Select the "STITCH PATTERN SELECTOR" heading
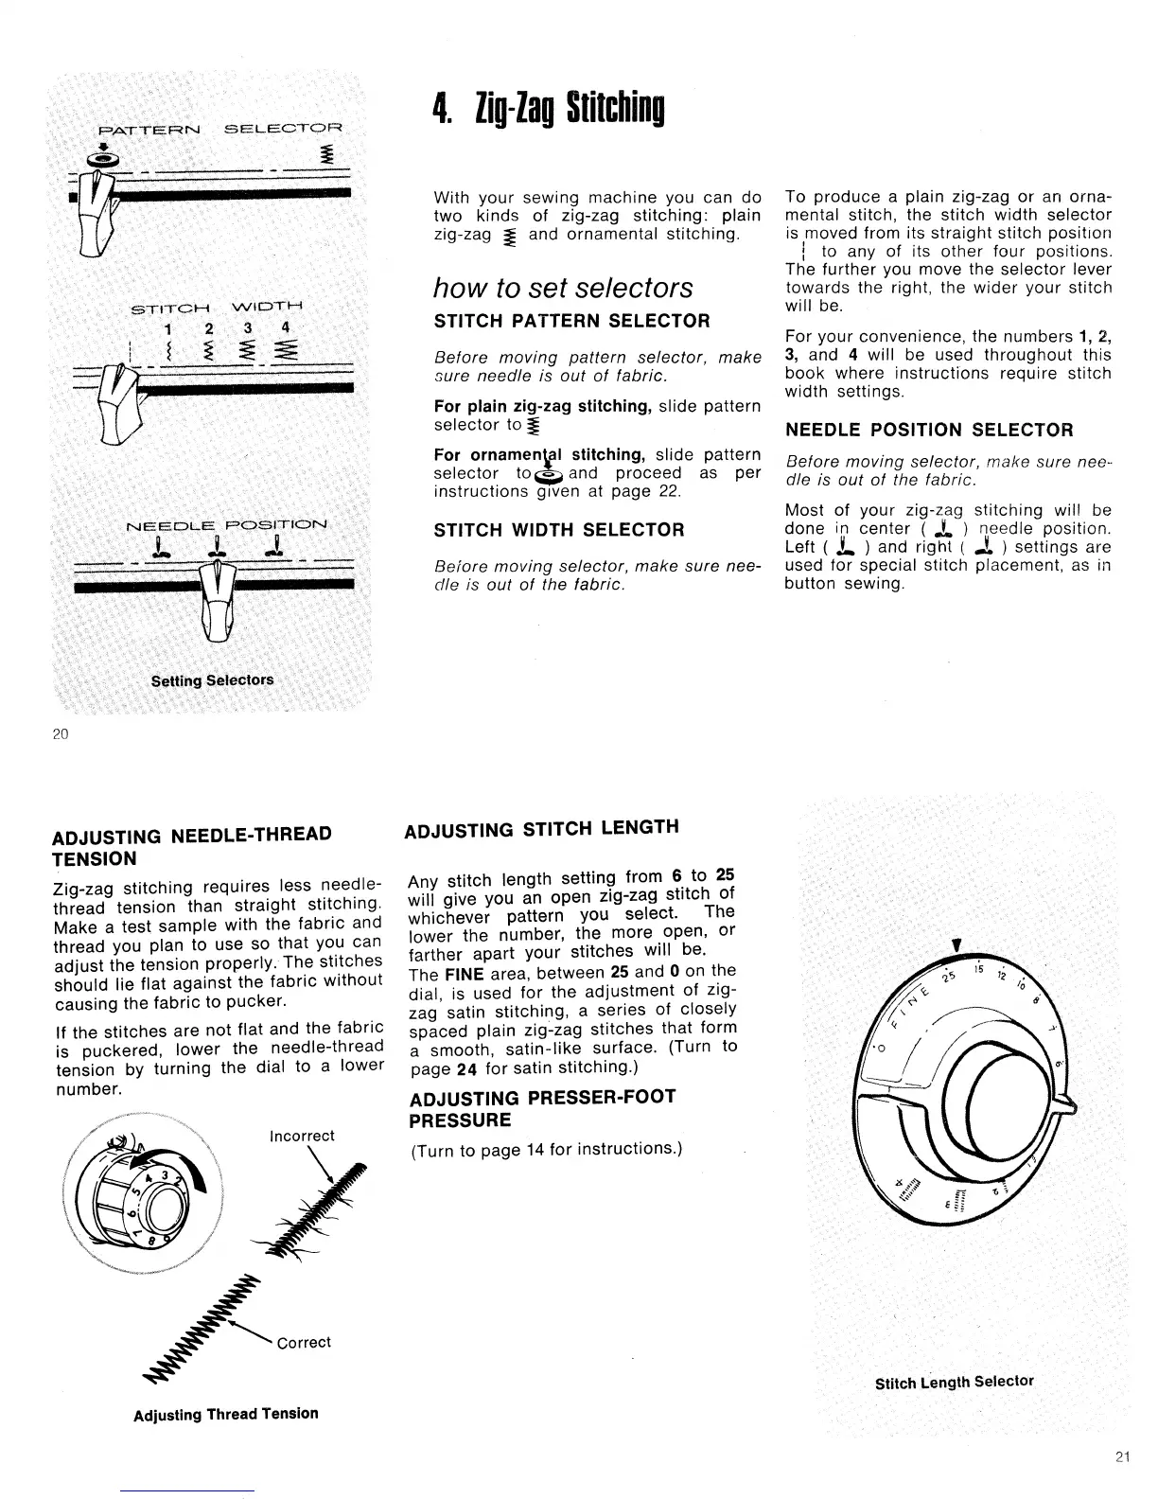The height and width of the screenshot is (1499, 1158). click(571, 321)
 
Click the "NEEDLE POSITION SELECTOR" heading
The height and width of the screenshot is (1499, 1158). click(929, 431)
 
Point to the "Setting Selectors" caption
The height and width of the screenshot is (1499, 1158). click(213, 680)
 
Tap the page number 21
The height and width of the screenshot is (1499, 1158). click(1121, 1456)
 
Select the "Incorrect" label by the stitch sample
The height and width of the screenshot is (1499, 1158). click(302, 1136)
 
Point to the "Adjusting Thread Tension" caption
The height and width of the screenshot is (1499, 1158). click(226, 1414)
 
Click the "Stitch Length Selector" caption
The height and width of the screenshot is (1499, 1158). click(955, 1382)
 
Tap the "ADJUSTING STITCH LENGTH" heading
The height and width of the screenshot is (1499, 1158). click(541, 830)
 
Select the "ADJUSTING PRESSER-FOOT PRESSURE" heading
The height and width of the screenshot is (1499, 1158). click(542, 1109)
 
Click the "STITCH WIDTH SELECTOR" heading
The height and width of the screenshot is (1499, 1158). click(558, 530)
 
